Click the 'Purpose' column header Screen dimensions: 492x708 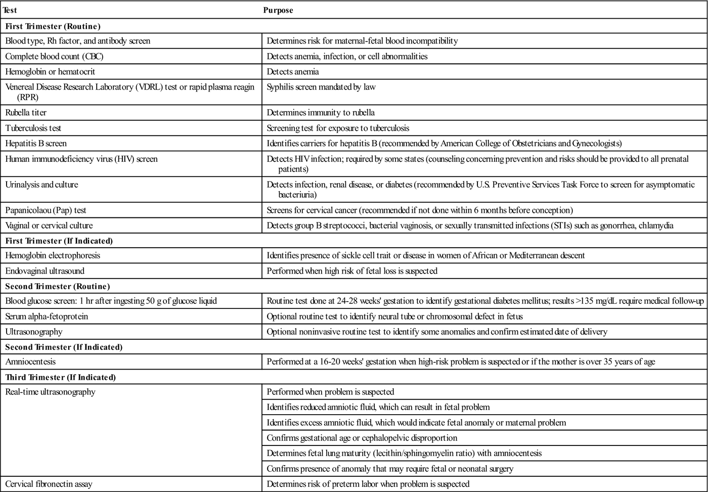point(278,10)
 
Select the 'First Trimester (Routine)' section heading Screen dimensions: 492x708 point(53,26)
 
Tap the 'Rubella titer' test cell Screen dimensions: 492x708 point(26,112)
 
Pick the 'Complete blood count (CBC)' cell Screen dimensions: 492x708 point(54,56)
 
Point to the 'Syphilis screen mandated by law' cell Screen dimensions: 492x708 point(321,87)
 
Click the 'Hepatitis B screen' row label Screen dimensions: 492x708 point(36,143)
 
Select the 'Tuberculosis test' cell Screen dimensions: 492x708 point(33,128)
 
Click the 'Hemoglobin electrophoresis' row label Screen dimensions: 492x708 point(53,255)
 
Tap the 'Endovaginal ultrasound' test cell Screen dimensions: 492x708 point(45,271)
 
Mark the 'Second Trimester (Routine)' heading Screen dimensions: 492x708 point(58,286)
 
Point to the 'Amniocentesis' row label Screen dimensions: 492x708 point(30,362)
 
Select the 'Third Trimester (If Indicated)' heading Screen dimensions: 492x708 point(61,377)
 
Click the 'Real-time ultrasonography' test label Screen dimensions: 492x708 point(50,392)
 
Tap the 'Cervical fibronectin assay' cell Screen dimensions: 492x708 point(49,484)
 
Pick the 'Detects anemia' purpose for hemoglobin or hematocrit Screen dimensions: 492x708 point(293,72)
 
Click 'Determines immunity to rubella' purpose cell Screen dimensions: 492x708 point(321,112)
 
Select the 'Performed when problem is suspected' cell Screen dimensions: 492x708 point(330,392)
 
